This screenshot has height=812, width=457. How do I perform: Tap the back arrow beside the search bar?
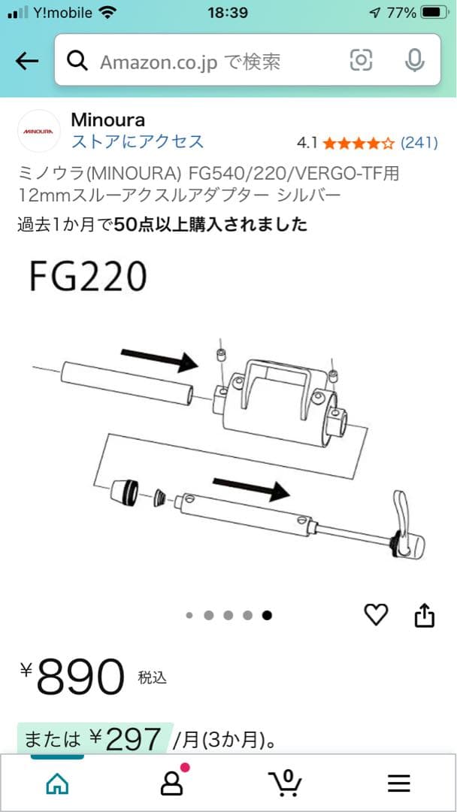click(x=27, y=61)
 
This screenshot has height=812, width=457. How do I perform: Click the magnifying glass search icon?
click(x=77, y=61)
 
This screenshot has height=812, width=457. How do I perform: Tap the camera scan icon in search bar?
click(x=361, y=60)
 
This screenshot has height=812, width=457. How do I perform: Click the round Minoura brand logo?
click(x=38, y=131)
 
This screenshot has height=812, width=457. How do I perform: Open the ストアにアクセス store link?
click(x=137, y=141)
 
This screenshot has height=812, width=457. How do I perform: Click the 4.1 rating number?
click(x=307, y=142)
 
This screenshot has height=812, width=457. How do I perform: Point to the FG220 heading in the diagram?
click(x=87, y=277)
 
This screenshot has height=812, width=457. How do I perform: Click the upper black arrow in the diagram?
click(x=159, y=359)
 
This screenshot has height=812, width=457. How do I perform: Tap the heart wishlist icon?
click(x=376, y=615)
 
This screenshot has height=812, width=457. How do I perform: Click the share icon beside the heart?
click(x=425, y=615)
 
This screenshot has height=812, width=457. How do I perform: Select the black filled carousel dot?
click(x=267, y=615)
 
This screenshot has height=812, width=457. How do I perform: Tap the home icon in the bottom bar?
click(x=57, y=784)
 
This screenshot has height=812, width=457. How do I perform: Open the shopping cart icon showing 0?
click(x=286, y=783)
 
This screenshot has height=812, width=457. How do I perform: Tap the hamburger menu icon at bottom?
click(x=399, y=784)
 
